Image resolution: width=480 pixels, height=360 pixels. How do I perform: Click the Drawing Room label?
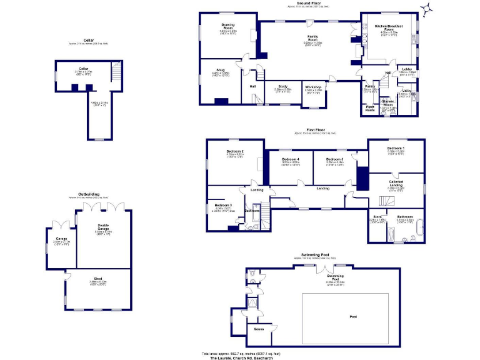coord(227,26)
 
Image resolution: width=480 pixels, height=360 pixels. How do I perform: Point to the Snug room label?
coord(221,71)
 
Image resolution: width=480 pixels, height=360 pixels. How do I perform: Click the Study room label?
coord(282,87)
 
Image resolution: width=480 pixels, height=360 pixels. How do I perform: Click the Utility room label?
coord(407,91)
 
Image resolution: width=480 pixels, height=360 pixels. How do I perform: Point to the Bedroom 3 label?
coord(223,206)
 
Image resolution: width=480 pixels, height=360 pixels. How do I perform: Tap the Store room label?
coord(377,216)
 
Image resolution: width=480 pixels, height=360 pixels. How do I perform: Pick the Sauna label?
coord(258,327)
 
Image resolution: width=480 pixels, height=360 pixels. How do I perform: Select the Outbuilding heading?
coord(89,194)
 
